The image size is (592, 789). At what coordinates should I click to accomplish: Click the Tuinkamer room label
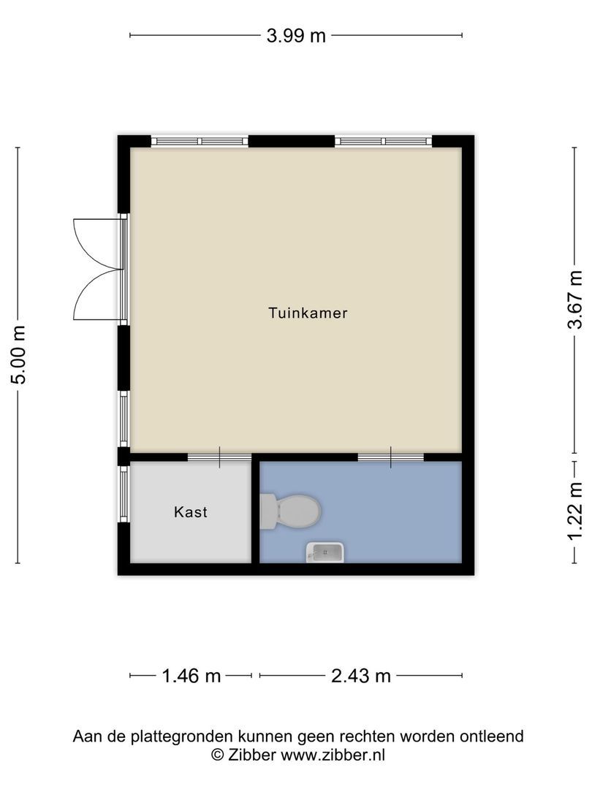point(307,313)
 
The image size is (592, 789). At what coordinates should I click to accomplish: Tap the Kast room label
point(190,512)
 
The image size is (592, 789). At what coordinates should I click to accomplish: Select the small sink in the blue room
point(325,552)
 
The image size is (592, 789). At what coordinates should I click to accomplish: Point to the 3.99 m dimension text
point(296,35)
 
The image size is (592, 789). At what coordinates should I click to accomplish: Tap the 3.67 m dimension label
point(576,300)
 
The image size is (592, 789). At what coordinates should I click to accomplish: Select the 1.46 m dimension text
point(191,676)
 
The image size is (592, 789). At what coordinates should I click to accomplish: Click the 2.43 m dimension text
point(361,676)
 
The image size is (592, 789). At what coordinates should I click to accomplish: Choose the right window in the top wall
point(384,141)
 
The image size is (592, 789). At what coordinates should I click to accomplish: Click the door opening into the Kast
point(219,458)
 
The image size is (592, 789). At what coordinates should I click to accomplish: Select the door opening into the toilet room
point(390,458)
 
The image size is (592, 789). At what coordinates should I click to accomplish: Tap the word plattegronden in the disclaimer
point(171,736)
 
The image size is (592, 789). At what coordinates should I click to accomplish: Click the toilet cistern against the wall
point(268,511)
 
